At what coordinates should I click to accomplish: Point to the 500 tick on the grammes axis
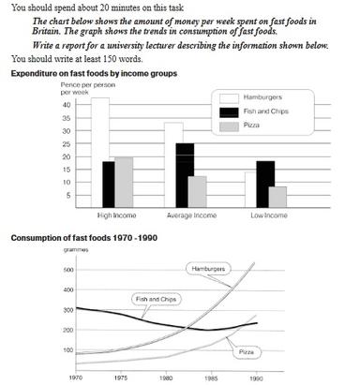[x=67, y=271]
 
